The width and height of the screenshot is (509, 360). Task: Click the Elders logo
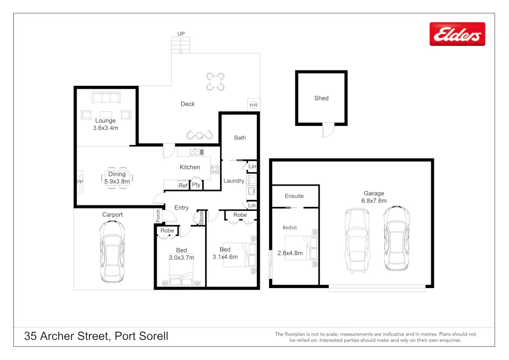[x=457, y=34]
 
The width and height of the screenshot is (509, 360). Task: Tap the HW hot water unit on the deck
[x=253, y=105]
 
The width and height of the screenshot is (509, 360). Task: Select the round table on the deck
[x=215, y=82]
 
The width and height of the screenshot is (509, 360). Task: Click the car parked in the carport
[x=112, y=252]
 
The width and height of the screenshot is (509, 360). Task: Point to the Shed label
[x=321, y=98]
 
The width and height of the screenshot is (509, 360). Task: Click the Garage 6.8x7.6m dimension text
[x=374, y=201]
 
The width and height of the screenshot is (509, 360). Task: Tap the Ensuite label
[x=294, y=196]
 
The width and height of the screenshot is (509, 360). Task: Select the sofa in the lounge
[x=106, y=97]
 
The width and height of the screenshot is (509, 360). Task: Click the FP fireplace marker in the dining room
[x=80, y=181]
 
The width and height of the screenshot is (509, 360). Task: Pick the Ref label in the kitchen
[x=183, y=186]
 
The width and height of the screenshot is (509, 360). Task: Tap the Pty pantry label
[x=197, y=185]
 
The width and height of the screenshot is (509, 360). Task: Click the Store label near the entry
[x=201, y=218]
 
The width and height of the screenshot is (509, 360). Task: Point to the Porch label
[x=158, y=215]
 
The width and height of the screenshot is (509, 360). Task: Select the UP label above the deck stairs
[x=181, y=34]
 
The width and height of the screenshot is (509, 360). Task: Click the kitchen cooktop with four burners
[x=215, y=170]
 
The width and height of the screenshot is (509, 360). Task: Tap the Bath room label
[x=240, y=138]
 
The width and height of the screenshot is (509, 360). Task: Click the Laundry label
[x=233, y=181]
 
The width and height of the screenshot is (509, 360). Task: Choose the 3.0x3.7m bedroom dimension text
[x=181, y=257]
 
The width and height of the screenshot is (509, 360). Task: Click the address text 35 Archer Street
[x=96, y=336]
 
